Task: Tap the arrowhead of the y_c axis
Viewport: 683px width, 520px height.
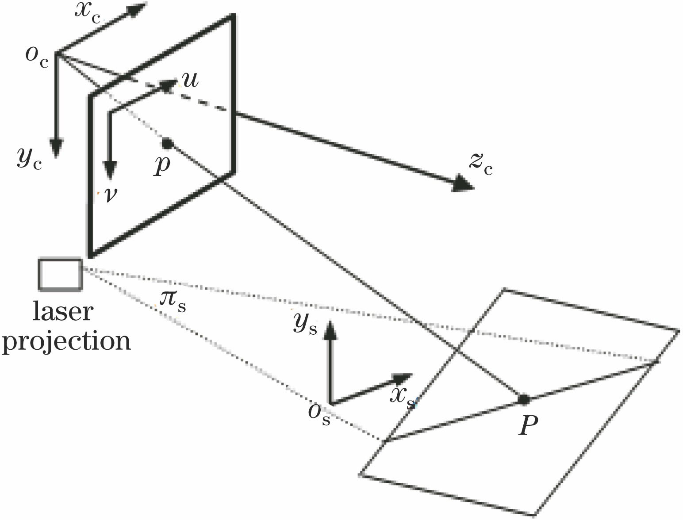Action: coord(57,147)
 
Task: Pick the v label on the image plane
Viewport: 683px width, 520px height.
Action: coord(110,193)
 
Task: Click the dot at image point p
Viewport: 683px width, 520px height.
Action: coord(167,143)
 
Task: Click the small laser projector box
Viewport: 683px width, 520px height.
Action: coord(61,274)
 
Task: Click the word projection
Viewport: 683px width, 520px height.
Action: coord(66,341)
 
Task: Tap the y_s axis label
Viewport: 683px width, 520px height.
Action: coord(305,323)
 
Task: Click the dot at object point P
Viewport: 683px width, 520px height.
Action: coord(524,399)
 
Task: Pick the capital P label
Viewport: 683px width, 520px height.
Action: coord(528,426)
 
